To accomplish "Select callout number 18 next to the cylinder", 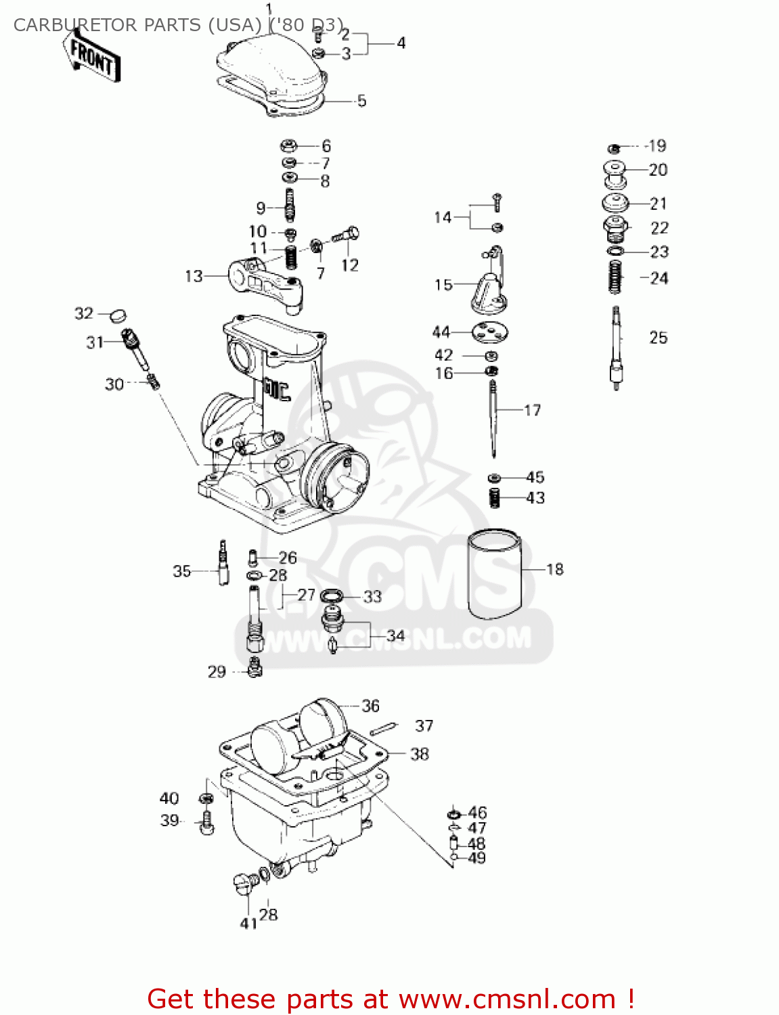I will (554, 569).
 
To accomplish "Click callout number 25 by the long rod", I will (658, 338).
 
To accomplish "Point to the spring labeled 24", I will (615, 277).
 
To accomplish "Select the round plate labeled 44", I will (491, 332).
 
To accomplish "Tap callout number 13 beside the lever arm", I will (194, 276).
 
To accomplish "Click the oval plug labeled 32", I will (118, 315).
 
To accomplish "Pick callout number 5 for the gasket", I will (361, 101).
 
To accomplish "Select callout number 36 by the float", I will (370, 706).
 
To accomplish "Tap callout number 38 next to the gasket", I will (420, 754).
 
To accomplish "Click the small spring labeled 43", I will (495, 498).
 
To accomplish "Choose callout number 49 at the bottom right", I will (476, 858).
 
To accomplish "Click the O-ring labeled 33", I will (331, 595).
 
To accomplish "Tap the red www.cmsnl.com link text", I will (507, 999).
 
